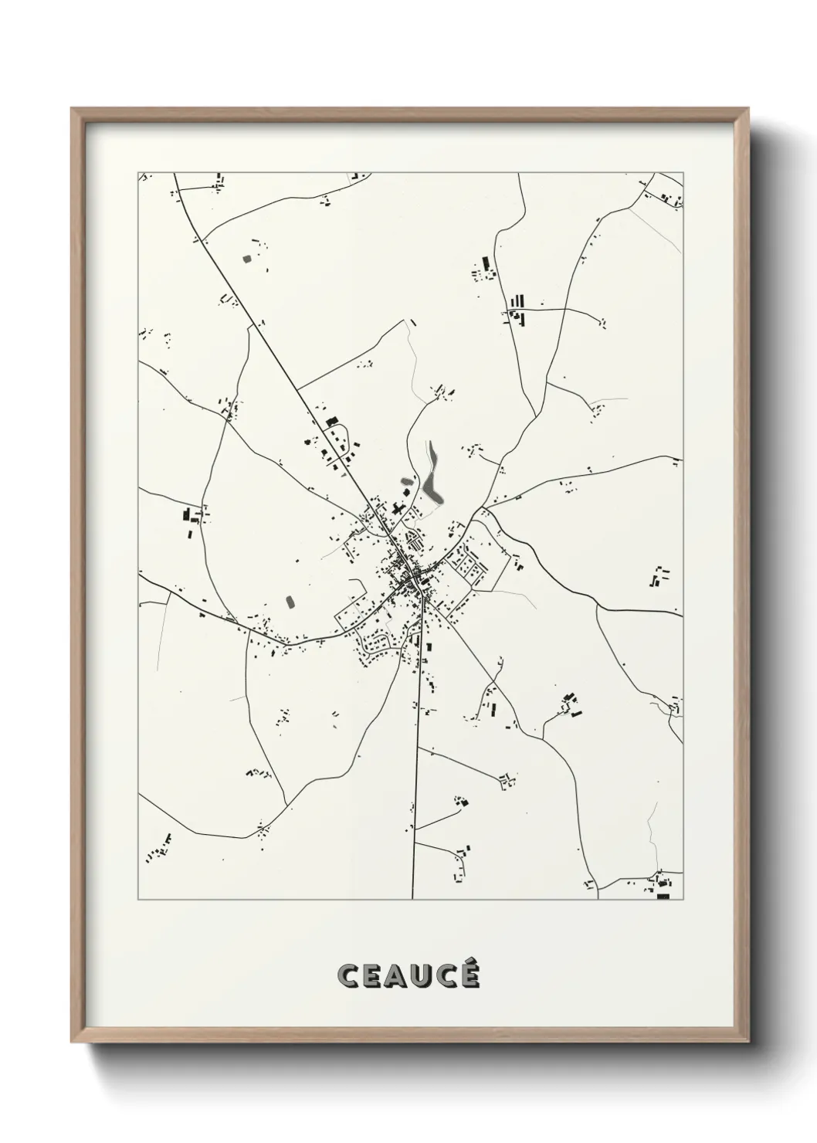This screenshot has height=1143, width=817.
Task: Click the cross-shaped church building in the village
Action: coord(398,510)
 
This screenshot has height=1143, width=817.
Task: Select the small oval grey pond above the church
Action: coord(406,482)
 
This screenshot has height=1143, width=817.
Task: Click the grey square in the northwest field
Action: coord(247,259)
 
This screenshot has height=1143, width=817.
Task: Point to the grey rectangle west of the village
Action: coord(290,600)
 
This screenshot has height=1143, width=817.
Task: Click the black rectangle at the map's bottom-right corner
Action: coord(663,896)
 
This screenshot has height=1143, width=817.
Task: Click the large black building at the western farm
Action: coord(186,514)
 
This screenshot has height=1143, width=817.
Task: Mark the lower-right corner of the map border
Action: coord(683,899)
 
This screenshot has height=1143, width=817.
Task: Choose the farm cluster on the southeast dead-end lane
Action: coord(570,703)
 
